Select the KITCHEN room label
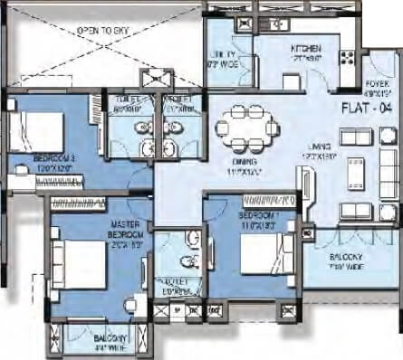[303, 52]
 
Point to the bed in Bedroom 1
[267, 262]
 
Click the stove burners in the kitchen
[346, 60]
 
